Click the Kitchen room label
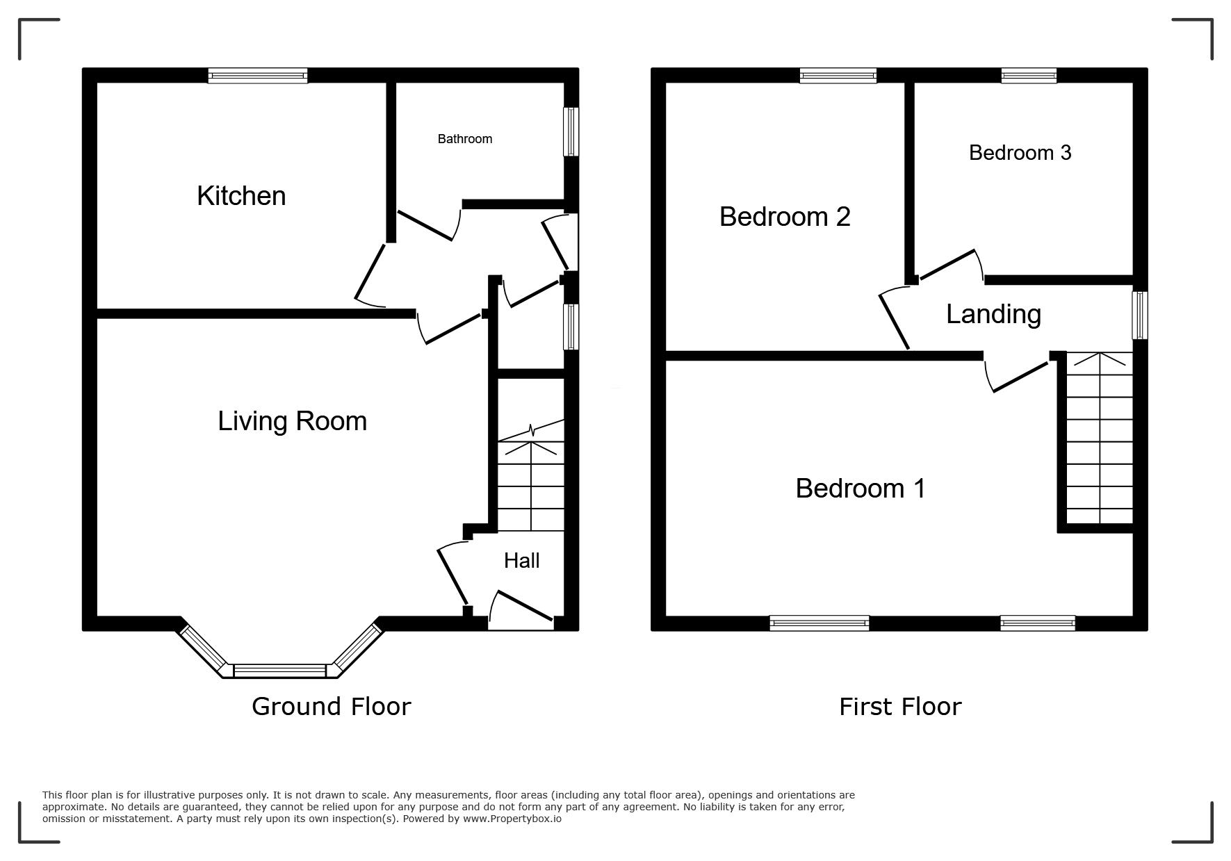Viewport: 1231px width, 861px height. pos(241,196)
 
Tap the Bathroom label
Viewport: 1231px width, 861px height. pos(465,139)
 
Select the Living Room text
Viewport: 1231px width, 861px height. pos(292,421)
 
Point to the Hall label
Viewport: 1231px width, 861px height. pos(521,561)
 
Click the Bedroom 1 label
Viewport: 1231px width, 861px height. pos(861,489)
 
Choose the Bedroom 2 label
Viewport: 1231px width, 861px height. pos(785,217)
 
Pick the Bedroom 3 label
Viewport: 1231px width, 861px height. pos(1020,153)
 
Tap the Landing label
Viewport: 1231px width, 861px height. pos(993,314)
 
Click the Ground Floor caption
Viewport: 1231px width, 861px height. pos(331,707)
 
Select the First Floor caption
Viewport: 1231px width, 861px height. pos(900,707)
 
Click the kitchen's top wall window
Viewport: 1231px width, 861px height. pos(258,76)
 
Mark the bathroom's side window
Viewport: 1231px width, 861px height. pos(571,131)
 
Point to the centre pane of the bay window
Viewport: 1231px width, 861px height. pos(280,671)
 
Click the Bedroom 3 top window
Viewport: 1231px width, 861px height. pos(1029,76)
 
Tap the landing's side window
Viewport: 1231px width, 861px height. pos(1140,315)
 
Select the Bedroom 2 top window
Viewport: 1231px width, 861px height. pos(838,76)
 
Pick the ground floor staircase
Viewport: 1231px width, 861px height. pos(531,476)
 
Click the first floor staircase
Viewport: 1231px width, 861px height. pos(1100,438)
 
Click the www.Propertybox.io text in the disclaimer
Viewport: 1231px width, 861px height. pos(512,819)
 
